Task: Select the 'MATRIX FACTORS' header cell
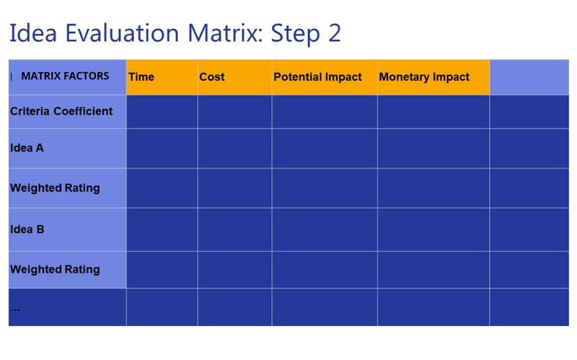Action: point(65,76)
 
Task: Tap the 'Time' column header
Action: point(141,77)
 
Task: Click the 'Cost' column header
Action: point(212,77)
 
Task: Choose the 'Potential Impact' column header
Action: point(317,77)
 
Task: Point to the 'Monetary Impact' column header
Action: point(424,77)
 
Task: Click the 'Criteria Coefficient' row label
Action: point(61,112)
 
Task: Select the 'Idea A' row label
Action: point(27,148)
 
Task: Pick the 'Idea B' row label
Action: point(27,229)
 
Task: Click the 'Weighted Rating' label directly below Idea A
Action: point(55,188)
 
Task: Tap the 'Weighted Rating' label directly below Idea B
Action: point(55,270)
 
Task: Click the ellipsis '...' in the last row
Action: point(15,308)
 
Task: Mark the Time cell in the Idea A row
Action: point(162,148)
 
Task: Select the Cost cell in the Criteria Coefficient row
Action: point(234,112)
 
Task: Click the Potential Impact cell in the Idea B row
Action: point(324,229)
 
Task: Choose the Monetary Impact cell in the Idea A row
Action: point(433,148)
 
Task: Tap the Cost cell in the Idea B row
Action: point(234,229)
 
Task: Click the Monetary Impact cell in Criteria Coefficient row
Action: point(433,112)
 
